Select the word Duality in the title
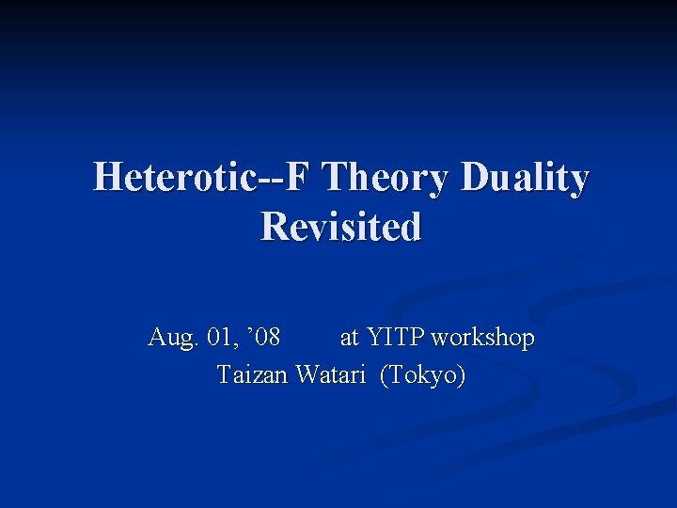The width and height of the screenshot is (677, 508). (524, 178)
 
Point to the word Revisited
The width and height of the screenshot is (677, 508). (340, 227)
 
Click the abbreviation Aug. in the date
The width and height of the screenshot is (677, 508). (170, 338)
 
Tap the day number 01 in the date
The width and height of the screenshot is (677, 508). (218, 338)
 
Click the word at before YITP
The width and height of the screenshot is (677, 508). (349, 338)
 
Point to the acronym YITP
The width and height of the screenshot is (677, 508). (396, 338)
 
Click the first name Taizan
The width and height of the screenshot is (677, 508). (252, 374)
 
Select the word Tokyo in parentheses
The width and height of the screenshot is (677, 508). (422, 375)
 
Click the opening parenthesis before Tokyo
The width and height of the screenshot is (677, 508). (385, 375)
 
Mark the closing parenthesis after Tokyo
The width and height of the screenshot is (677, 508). (460, 375)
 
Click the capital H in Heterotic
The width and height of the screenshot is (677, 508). (106, 178)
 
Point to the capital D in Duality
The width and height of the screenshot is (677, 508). (476, 178)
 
